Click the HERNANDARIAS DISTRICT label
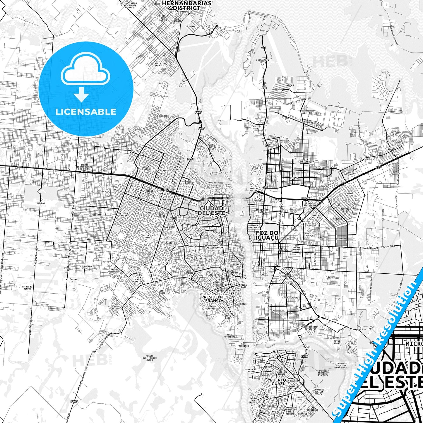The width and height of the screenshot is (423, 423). pos(186,5)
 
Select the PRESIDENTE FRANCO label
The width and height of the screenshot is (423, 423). pos(213,299)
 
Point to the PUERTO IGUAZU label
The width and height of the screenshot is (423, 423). pos(278,382)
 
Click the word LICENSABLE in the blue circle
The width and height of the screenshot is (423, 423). pos(86,112)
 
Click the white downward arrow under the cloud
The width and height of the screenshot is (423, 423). pos(81,94)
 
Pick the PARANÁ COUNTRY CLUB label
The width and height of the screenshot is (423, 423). pos(212,147)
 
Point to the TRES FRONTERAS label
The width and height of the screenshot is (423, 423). pos(231,336)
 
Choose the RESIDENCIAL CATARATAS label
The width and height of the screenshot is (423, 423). pos(310,328)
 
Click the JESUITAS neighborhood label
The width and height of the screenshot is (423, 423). pos(96,215)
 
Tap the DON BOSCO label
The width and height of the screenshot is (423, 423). pos(163,116)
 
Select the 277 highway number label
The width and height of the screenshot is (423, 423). pos(378,168)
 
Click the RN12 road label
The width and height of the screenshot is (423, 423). pos(304,356)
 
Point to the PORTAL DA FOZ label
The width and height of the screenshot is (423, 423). pos(350,195)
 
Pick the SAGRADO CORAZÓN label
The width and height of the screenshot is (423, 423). pos(138,280)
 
